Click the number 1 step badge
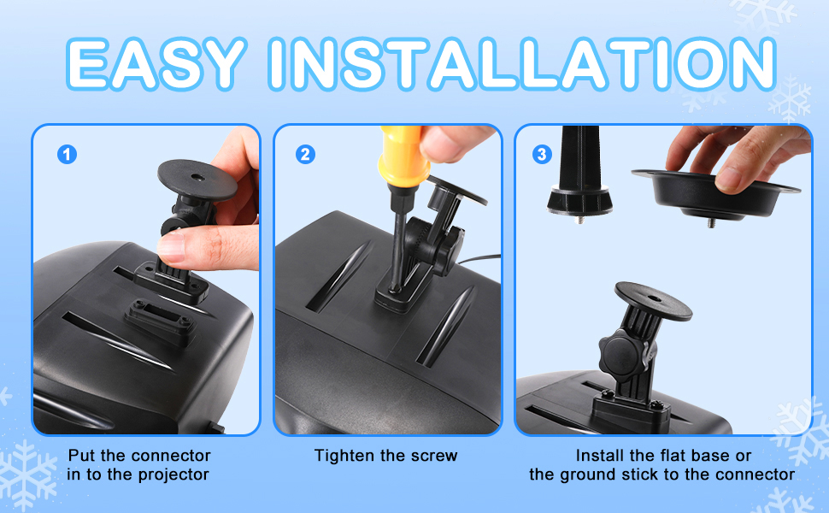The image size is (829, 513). tap(67, 155)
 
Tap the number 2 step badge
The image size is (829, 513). tap(305, 155)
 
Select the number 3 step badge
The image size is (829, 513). tap(542, 155)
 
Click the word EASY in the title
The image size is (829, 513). tap(157, 63)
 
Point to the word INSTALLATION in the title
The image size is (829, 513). tap(522, 63)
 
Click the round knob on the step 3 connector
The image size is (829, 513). tap(625, 350)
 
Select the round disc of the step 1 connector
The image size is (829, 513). tap(197, 179)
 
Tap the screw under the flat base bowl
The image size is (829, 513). tap(711, 222)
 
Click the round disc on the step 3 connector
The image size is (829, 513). tap(654, 300)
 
